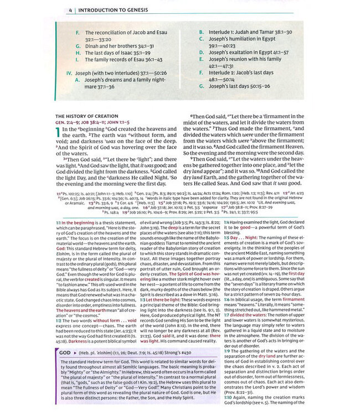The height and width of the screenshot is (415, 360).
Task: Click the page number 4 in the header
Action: click(71, 10)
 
